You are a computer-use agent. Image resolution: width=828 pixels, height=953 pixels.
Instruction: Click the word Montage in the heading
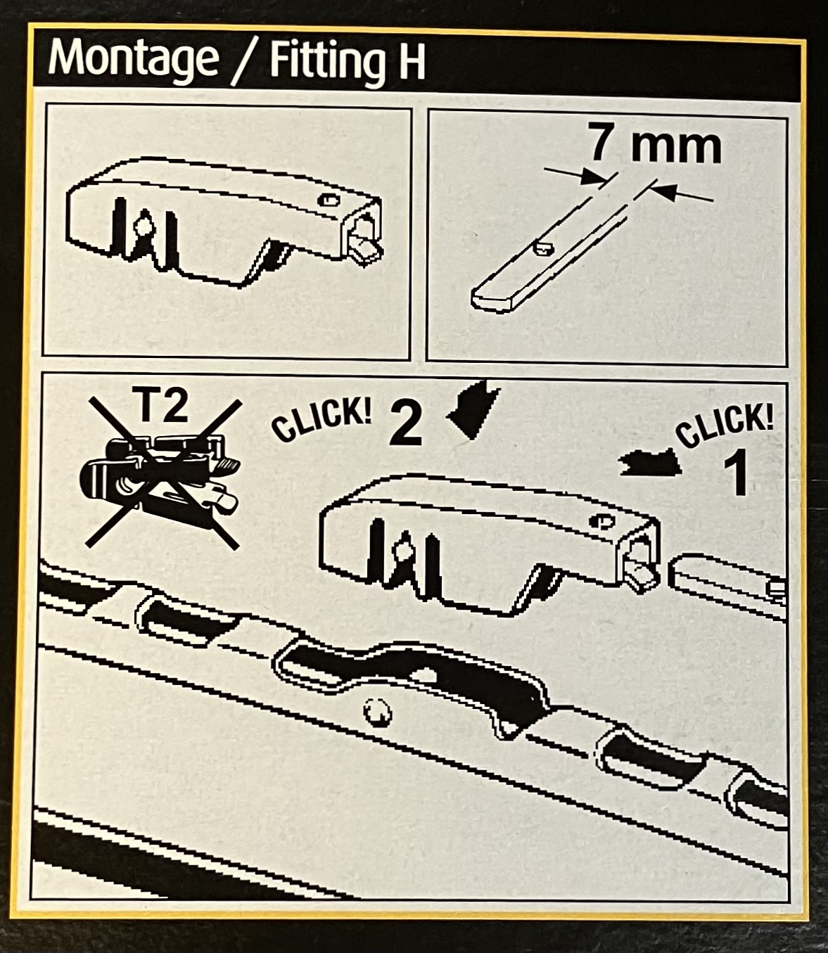(x=133, y=60)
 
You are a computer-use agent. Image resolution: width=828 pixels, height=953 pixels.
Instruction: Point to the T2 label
(x=163, y=406)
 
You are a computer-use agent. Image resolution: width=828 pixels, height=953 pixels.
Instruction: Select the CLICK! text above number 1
(x=724, y=426)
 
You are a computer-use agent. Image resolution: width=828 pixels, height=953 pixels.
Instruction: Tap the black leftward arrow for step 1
(x=651, y=464)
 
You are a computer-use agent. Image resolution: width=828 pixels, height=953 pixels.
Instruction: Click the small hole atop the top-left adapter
(x=329, y=200)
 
